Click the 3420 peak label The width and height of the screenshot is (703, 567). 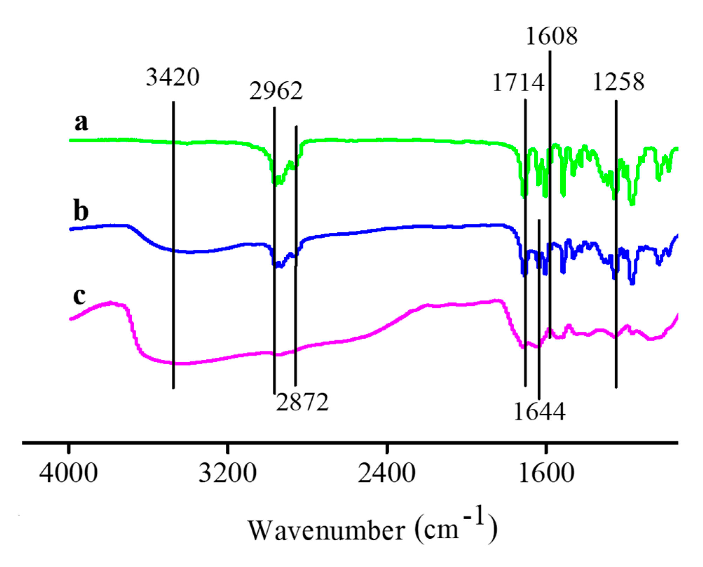click(172, 77)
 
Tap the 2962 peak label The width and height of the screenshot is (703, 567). click(276, 91)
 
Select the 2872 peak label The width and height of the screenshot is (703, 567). click(302, 402)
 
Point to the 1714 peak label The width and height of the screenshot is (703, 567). click(518, 83)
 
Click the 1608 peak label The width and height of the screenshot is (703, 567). click(552, 36)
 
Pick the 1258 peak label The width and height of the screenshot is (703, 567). click(618, 82)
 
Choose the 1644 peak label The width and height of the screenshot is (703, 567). click(539, 412)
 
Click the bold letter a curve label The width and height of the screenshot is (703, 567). click(81, 122)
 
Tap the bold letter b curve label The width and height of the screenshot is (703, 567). click(81, 211)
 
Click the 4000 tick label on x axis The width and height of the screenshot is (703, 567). click(68, 473)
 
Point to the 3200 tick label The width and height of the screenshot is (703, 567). click(227, 473)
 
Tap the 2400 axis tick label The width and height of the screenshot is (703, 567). click(387, 473)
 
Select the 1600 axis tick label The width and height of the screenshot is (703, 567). click(546, 473)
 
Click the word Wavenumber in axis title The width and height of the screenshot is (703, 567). click(327, 530)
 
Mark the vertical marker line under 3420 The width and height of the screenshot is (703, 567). click(173, 245)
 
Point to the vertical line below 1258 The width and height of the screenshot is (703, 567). click(616, 245)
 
